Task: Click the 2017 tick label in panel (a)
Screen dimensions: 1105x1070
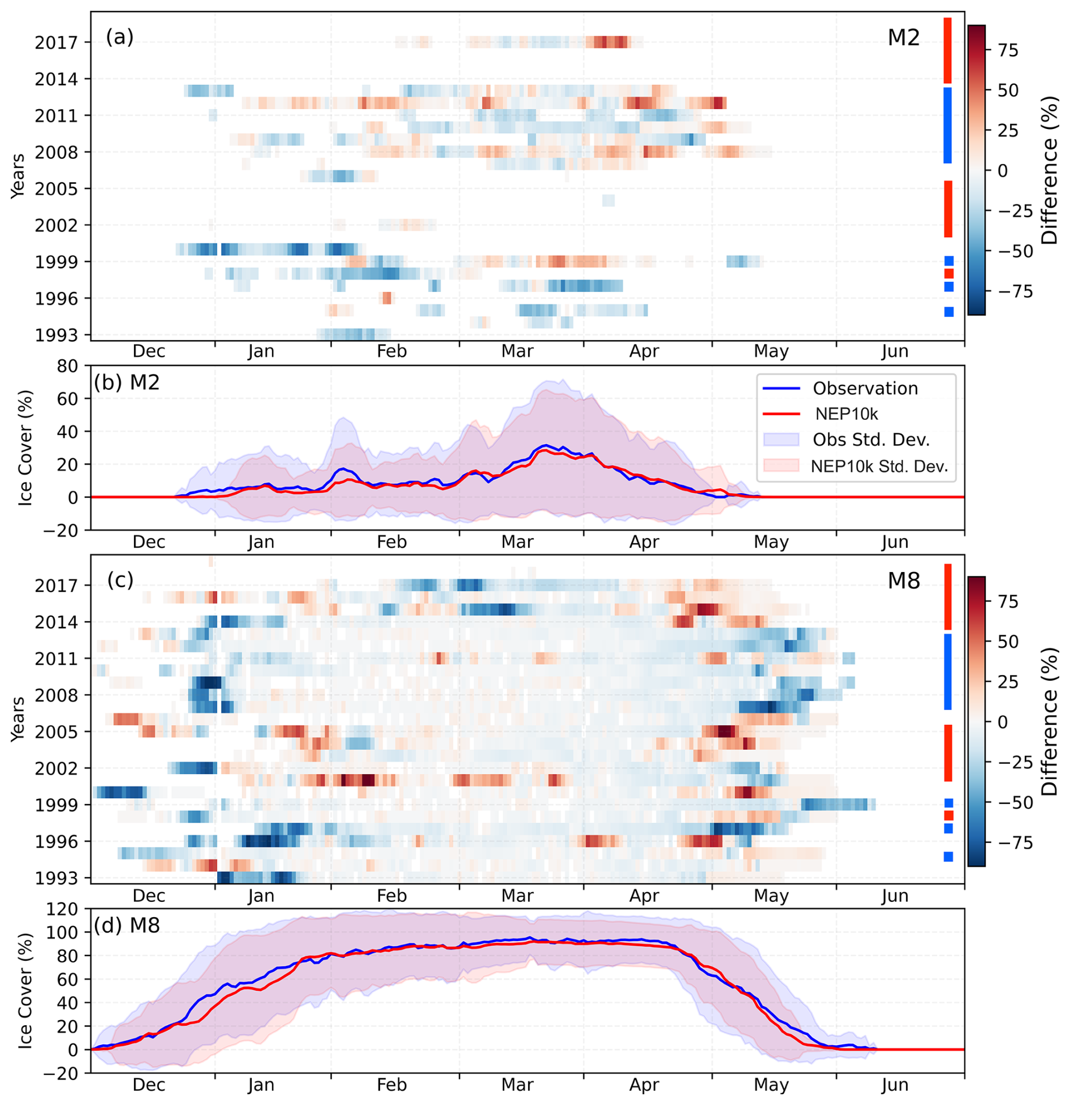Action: click(x=55, y=42)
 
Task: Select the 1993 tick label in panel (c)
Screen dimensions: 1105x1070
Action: click(x=55, y=878)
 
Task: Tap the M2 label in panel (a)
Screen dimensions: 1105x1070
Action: click(x=903, y=38)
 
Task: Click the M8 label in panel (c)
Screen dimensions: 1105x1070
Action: click(x=903, y=581)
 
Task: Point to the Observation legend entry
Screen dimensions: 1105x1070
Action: click(x=865, y=389)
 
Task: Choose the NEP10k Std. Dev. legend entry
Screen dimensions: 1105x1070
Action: click(x=879, y=466)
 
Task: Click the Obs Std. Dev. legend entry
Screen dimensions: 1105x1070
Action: click(x=871, y=440)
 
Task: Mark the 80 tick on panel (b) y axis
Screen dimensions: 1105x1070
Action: click(x=67, y=366)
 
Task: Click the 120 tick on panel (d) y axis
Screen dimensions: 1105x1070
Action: click(x=63, y=909)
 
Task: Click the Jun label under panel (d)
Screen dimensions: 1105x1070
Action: click(x=895, y=1085)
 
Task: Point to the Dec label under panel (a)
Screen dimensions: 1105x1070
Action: click(x=149, y=351)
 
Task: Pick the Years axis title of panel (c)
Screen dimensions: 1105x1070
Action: click(x=18, y=719)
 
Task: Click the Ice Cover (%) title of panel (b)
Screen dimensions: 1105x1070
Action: click(x=25, y=448)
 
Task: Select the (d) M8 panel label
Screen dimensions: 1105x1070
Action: click(x=127, y=925)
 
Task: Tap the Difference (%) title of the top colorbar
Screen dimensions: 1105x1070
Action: click(x=1050, y=170)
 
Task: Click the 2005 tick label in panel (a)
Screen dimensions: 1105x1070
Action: click(x=55, y=188)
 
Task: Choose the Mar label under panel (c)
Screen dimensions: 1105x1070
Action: click(x=517, y=896)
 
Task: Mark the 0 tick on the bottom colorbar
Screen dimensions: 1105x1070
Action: click(x=1003, y=722)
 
